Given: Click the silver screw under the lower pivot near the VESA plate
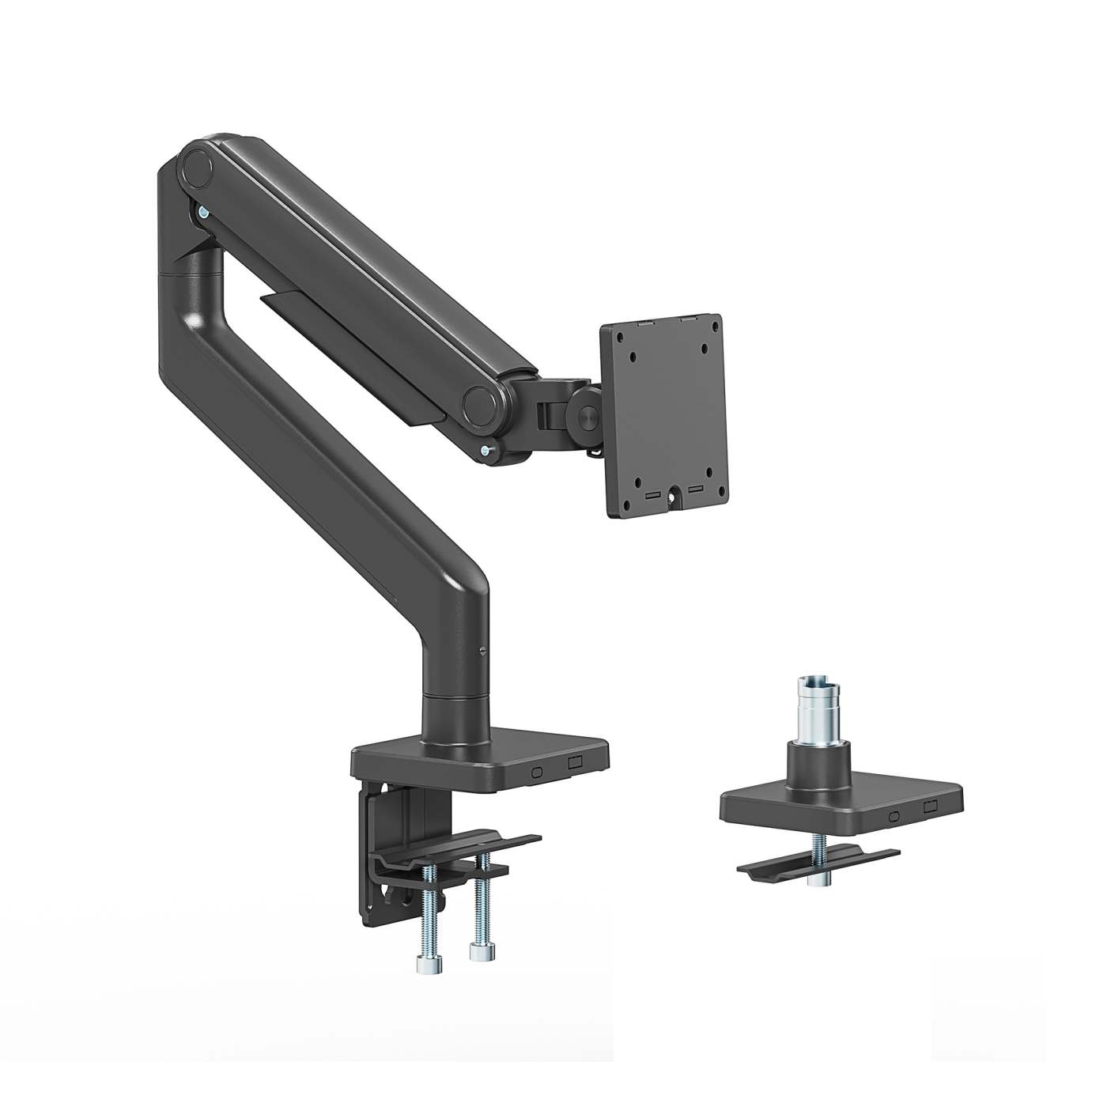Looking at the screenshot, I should tap(485, 451).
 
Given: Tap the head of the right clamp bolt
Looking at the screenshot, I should tap(478, 952).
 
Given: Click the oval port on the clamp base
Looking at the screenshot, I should tap(538, 771).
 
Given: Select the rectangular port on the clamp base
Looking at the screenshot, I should tap(575, 764).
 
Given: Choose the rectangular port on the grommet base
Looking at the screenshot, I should tap(930, 809).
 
